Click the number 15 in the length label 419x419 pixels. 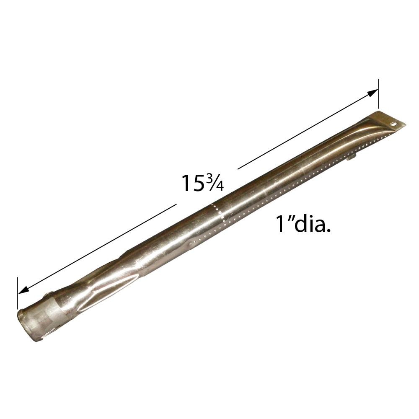(x=192, y=183)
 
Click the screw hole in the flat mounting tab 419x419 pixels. (x=393, y=124)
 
